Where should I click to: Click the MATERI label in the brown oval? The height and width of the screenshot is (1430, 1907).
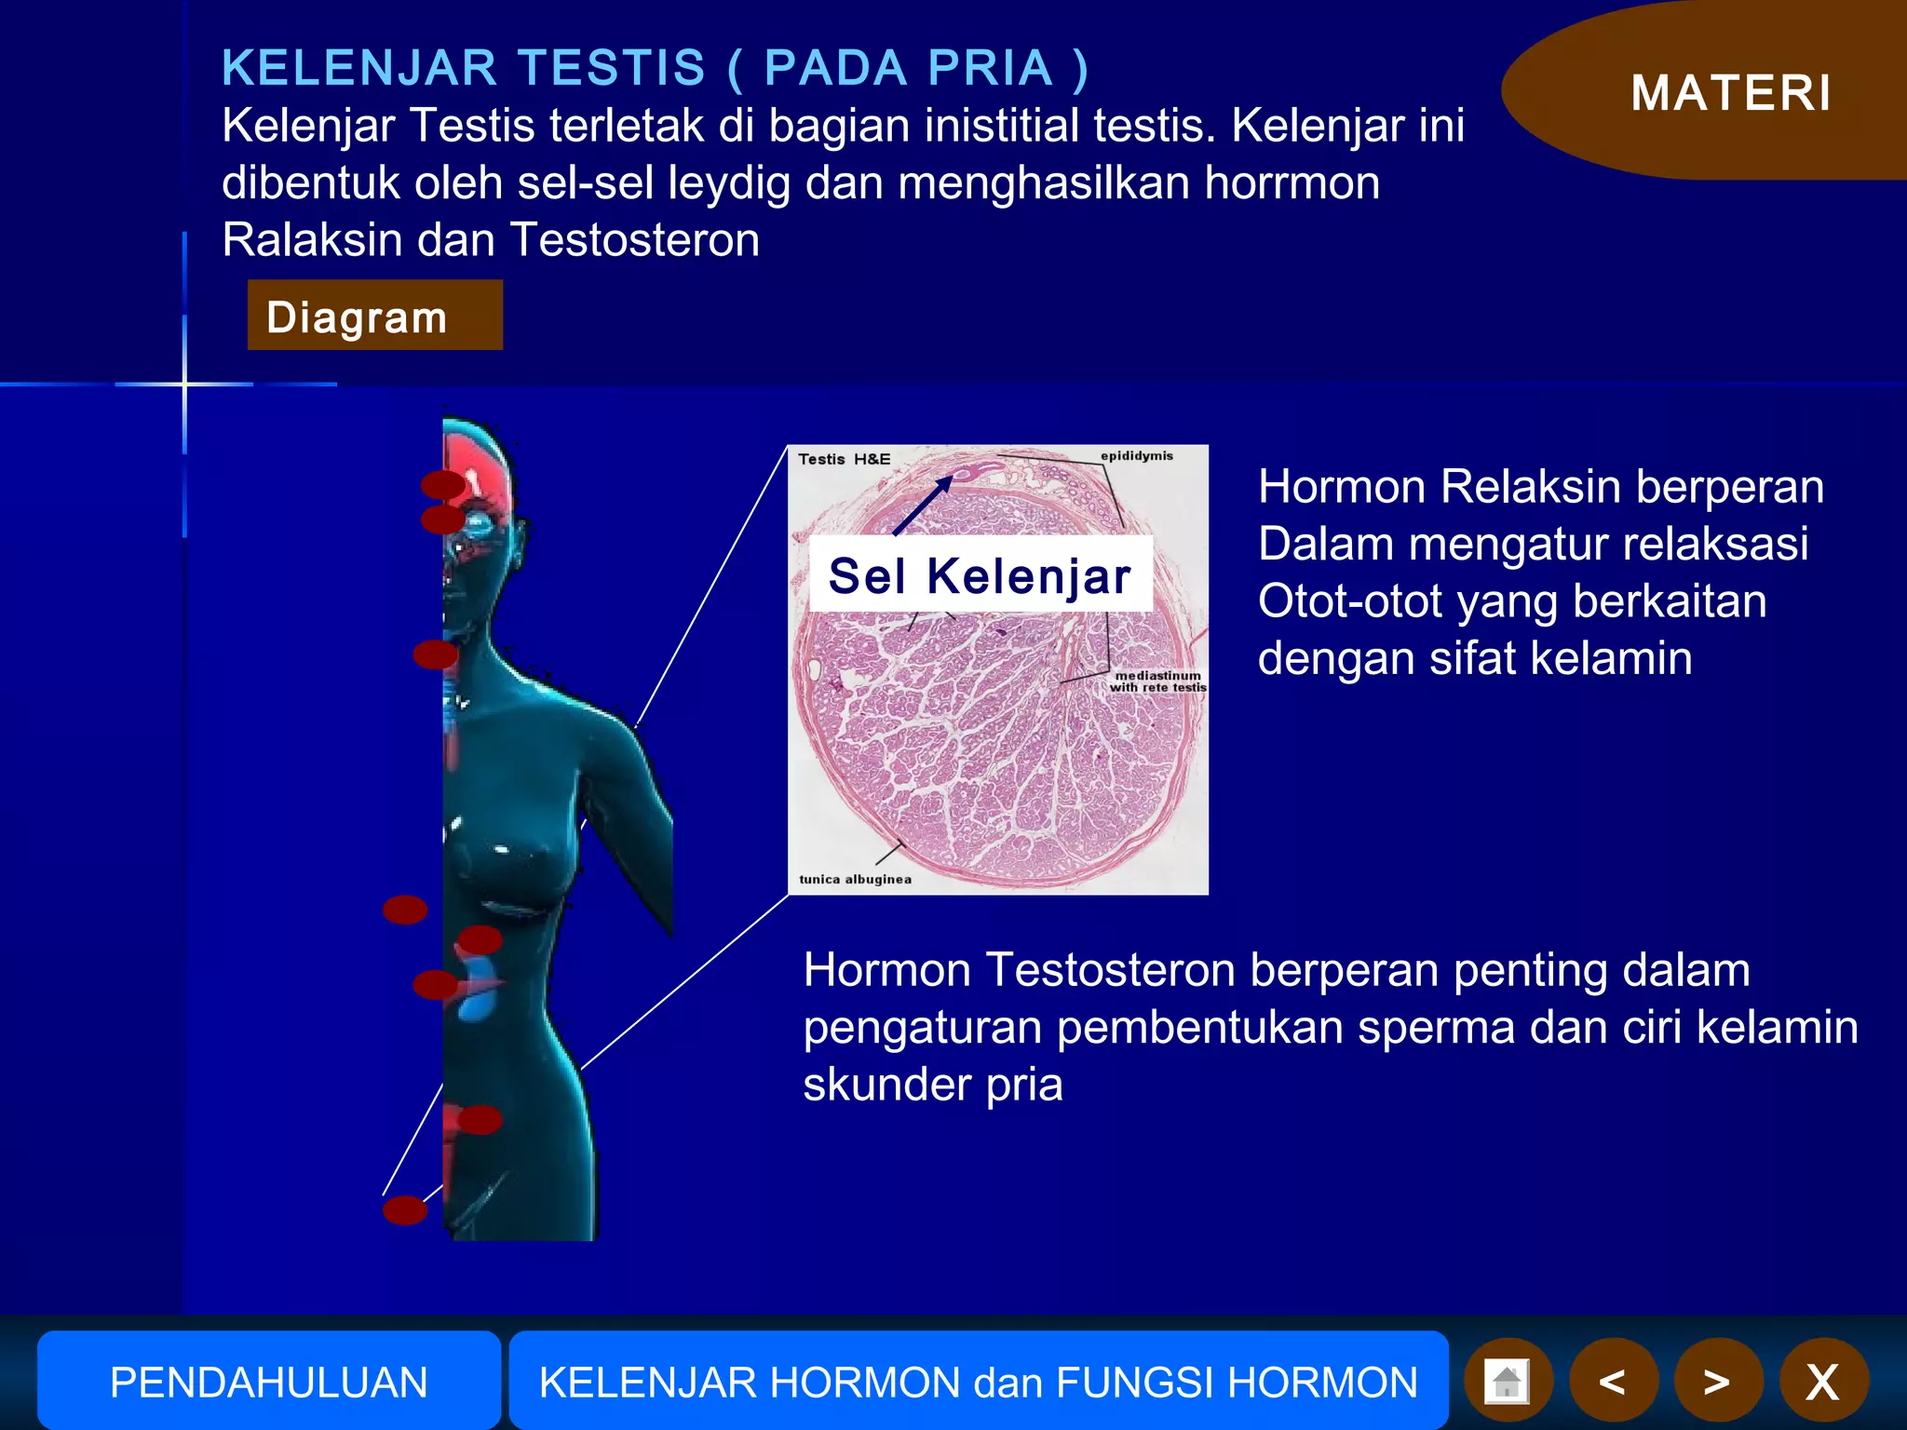coord(1731,93)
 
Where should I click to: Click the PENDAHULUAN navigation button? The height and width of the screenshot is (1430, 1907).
coord(268,1382)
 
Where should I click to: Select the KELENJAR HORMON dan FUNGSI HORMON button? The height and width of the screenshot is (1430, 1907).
coord(978,1382)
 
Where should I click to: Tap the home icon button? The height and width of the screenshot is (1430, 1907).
coord(1507,1382)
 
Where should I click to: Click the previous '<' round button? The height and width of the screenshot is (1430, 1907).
coord(1613,1382)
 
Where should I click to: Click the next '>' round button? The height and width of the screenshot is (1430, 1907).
coord(1717,1382)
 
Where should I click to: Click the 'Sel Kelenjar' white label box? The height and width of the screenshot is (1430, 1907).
coord(980,574)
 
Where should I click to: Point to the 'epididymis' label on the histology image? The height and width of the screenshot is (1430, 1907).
coord(1136,456)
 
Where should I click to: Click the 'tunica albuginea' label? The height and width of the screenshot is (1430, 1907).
coord(855,879)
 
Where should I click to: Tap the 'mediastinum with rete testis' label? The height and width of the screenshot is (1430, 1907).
coord(1157,681)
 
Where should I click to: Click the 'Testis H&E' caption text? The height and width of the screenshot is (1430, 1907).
coord(844,459)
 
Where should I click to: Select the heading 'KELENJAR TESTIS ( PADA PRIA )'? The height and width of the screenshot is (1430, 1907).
coord(655,68)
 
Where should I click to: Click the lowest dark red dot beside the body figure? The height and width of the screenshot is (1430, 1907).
coord(405,1209)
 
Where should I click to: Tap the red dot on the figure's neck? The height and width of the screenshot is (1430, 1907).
coord(435,654)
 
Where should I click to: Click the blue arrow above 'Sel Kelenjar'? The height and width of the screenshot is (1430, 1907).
coord(923,505)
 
